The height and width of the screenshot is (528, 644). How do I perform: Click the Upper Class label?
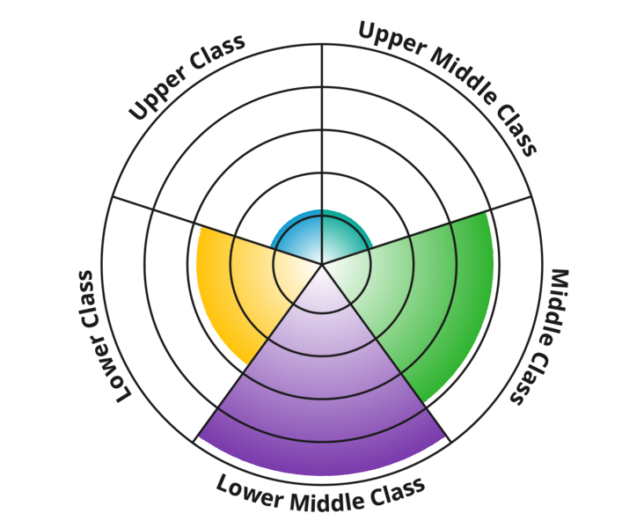coord(187,77)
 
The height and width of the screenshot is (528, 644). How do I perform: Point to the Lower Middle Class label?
coord(321,495)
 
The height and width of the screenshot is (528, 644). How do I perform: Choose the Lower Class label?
coord(102,335)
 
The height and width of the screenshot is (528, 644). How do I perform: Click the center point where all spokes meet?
coord(322,263)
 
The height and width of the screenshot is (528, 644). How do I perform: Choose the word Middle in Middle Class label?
coord(553,304)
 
